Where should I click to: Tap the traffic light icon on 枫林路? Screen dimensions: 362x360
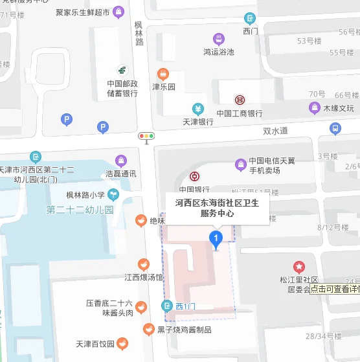click(146, 137)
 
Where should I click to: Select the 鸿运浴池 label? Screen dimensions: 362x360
click(219, 52)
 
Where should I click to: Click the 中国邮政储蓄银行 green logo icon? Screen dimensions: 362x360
click(122, 70)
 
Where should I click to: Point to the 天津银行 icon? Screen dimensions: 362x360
click(197, 109)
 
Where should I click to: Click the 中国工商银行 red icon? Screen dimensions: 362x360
click(240, 100)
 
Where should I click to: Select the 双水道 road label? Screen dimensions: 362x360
click(275, 131)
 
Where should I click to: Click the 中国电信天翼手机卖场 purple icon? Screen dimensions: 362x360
click(240, 162)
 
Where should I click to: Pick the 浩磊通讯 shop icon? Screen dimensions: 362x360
click(120, 161)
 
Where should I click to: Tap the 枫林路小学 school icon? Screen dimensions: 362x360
click(113, 193)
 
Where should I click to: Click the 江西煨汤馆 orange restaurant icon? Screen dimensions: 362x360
click(144, 264)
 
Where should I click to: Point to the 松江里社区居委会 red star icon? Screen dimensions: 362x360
click(299, 266)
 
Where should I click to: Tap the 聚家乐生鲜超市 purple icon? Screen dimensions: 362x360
click(118, 12)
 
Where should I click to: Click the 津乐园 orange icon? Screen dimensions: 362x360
click(163, 73)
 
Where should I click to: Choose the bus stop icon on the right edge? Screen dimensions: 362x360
click(335, 129)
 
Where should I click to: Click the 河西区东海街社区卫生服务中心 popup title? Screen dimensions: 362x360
click(216, 207)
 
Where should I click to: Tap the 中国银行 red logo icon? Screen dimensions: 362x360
click(194, 177)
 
